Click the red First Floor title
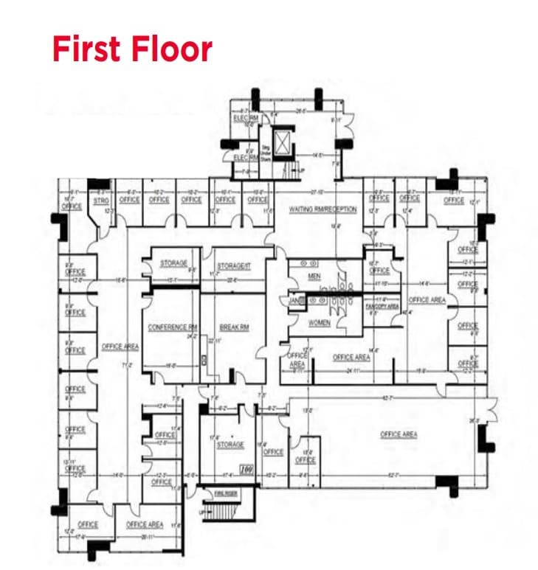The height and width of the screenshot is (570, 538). tap(132, 49)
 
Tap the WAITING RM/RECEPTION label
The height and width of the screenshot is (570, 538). tap(323, 209)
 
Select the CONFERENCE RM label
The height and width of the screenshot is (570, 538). tap(173, 327)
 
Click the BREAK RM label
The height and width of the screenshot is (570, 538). tap(233, 327)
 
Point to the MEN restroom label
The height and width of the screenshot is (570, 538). tap(314, 276)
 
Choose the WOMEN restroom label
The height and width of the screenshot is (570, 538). tap(319, 322)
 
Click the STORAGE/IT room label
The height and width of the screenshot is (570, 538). tap(234, 265)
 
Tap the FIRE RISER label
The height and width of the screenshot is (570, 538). tap(224, 492)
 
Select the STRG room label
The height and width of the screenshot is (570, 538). tap(102, 200)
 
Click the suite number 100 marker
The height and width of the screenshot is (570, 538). tap(246, 468)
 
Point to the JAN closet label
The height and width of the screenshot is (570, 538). tap(293, 300)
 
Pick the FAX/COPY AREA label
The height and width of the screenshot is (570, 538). tap(382, 305)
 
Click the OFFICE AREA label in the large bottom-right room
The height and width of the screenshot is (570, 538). tap(399, 434)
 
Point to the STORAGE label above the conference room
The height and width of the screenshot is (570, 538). tap(174, 263)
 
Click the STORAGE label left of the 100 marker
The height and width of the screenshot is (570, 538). tap(230, 445)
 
